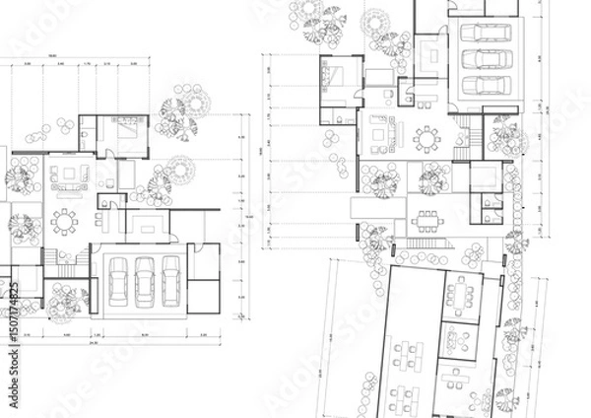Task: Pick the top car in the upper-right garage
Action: coord(483,33)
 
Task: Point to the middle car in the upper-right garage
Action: coord(483,58)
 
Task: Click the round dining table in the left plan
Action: coord(64,223)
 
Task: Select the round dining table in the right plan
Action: coord(427,140)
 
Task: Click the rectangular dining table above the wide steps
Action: coord(427,216)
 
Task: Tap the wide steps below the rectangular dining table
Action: coord(424,244)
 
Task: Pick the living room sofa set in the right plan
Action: coord(379,130)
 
